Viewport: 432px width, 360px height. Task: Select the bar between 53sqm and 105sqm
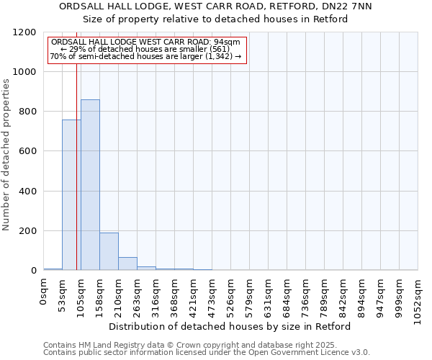pos(71,195)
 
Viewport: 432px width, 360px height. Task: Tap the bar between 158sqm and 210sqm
pos(109,251)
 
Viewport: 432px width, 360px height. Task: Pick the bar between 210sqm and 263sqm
pos(127,264)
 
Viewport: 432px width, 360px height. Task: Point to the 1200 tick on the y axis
pos(25,32)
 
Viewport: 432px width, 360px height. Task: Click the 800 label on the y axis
pos(28,112)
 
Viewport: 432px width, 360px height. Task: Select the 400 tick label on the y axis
pos(28,192)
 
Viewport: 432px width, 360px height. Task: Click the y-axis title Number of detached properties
pos(6,155)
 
